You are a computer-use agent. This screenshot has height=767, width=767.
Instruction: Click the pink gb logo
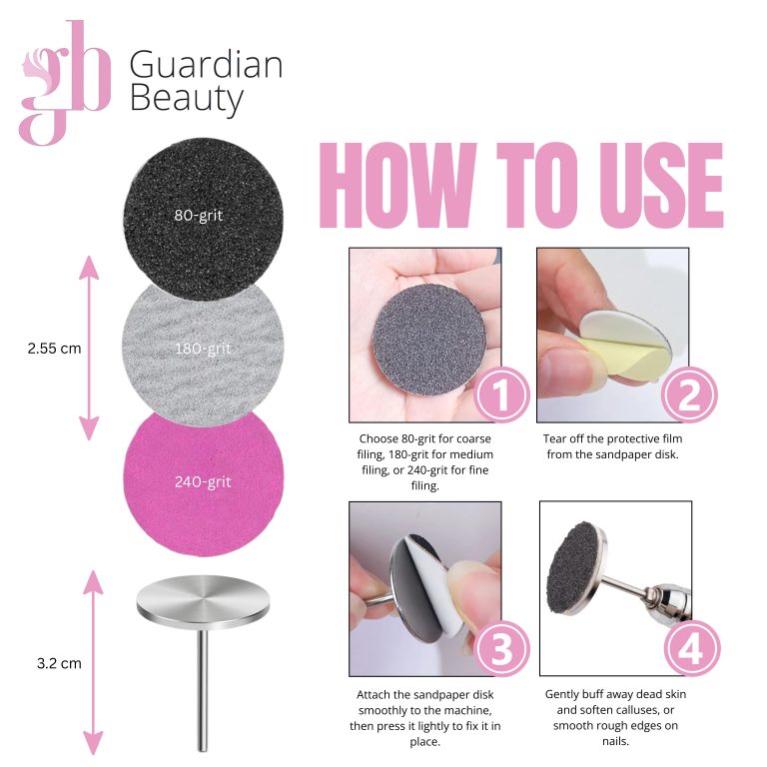click(x=65, y=83)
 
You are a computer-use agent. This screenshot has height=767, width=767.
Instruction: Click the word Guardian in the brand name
click(x=206, y=65)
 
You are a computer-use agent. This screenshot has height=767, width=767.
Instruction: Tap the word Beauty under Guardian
click(x=187, y=99)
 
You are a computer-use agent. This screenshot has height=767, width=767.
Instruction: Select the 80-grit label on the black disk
click(x=199, y=216)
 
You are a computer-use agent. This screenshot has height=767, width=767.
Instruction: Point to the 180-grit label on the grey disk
click(x=203, y=349)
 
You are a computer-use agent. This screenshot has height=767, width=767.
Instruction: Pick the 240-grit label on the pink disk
click(x=203, y=481)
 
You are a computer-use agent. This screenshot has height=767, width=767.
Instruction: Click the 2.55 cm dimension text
click(x=54, y=349)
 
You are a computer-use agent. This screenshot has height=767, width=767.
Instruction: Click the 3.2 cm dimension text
click(x=59, y=663)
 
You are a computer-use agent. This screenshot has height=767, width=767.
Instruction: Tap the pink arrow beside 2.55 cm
click(x=89, y=348)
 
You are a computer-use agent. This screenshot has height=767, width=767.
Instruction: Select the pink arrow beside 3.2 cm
click(x=93, y=662)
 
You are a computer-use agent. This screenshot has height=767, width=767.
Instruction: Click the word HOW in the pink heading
click(x=397, y=186)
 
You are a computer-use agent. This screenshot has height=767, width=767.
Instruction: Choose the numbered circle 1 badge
click(x=501, y=394)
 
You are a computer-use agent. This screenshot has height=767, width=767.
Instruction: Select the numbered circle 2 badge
click(x=690, y=394)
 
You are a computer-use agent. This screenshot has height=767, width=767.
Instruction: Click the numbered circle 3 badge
click(x=501, y=648)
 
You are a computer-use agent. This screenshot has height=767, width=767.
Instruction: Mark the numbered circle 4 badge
click(x=693, y=648)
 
